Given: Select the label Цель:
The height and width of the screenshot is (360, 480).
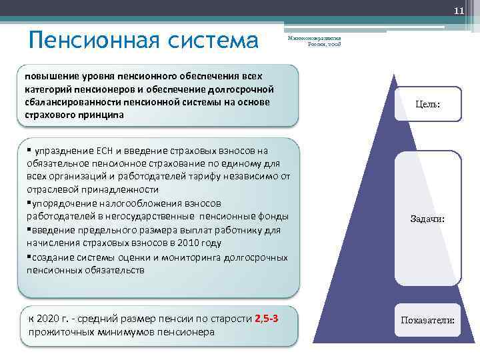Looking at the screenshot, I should click(x=427, y=105).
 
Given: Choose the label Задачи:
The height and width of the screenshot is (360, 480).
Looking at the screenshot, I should click(x=427, y=219).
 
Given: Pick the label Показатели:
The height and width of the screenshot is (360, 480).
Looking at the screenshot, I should click(x=427, y=320).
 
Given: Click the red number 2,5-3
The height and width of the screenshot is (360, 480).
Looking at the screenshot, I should click(x=266, y=318).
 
